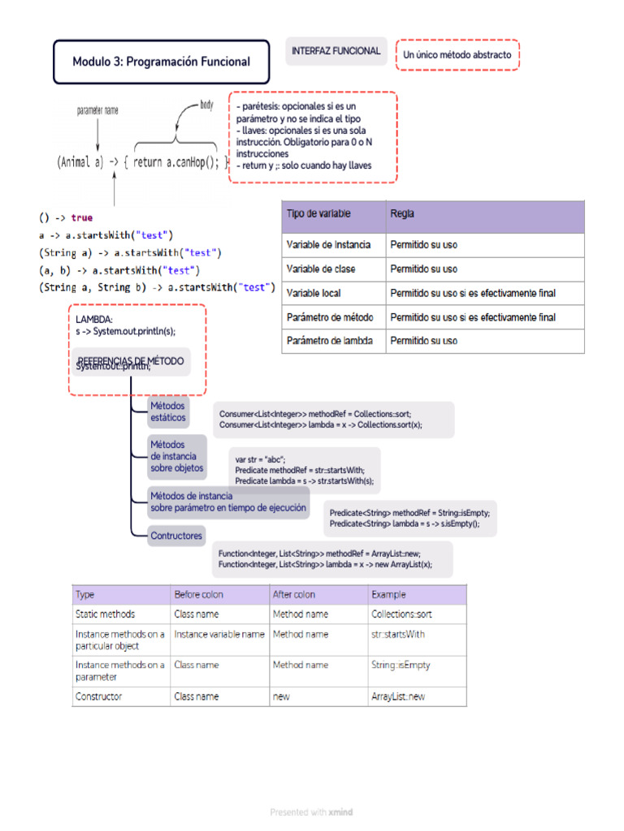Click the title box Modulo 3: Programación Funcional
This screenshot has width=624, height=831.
[x=161, y=62]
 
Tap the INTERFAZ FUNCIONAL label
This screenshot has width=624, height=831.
[x=336, y=51]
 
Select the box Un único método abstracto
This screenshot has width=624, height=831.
[x=457, y=55]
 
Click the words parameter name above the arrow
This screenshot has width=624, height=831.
[x=97, y=110]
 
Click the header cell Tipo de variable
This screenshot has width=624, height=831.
[x=318, y=214]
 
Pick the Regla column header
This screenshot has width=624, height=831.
[x=402, y=214]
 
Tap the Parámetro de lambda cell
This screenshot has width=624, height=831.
[x=330, y=341]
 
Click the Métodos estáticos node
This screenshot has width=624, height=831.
[x=168, y=411]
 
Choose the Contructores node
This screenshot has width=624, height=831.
[x=176, y=536]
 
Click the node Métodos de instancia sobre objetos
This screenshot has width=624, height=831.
[x=177, y=457]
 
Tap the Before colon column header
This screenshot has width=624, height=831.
[x=199, y=595]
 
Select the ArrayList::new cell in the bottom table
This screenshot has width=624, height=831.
[x=397, y=696]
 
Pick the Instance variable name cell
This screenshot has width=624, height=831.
[x=219, y=635]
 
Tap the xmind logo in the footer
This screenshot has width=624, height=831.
[x=341, y=812]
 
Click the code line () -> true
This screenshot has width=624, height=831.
[x=65, y=217]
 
